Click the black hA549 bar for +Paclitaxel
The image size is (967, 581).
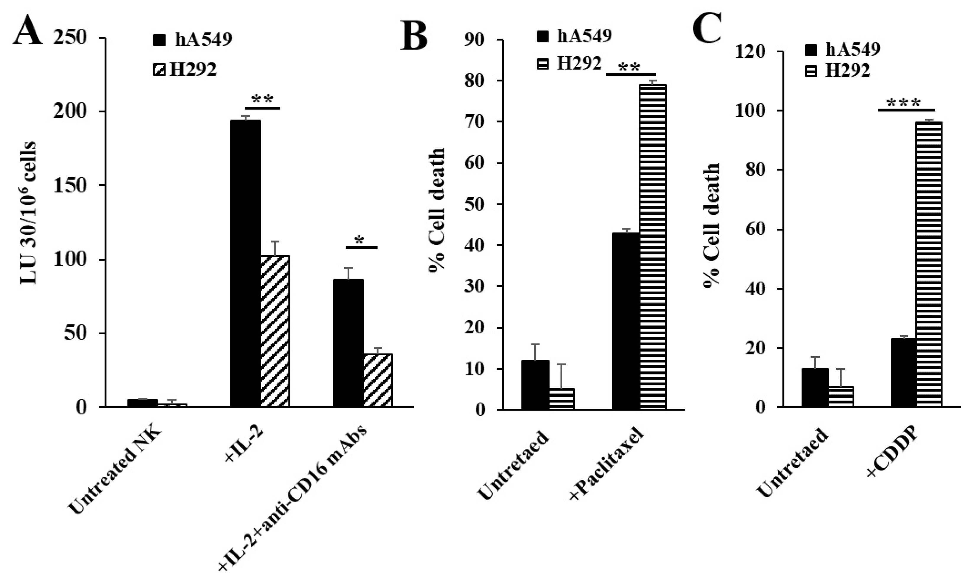tap(626, 321)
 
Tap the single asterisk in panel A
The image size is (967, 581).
tap(359, 240)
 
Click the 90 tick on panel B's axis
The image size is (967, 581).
tap(474, 40)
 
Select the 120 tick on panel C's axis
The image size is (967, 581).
tap(749, 52)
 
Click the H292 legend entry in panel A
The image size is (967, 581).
tap(185, 70)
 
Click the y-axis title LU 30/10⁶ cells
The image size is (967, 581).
tap(28, 213)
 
